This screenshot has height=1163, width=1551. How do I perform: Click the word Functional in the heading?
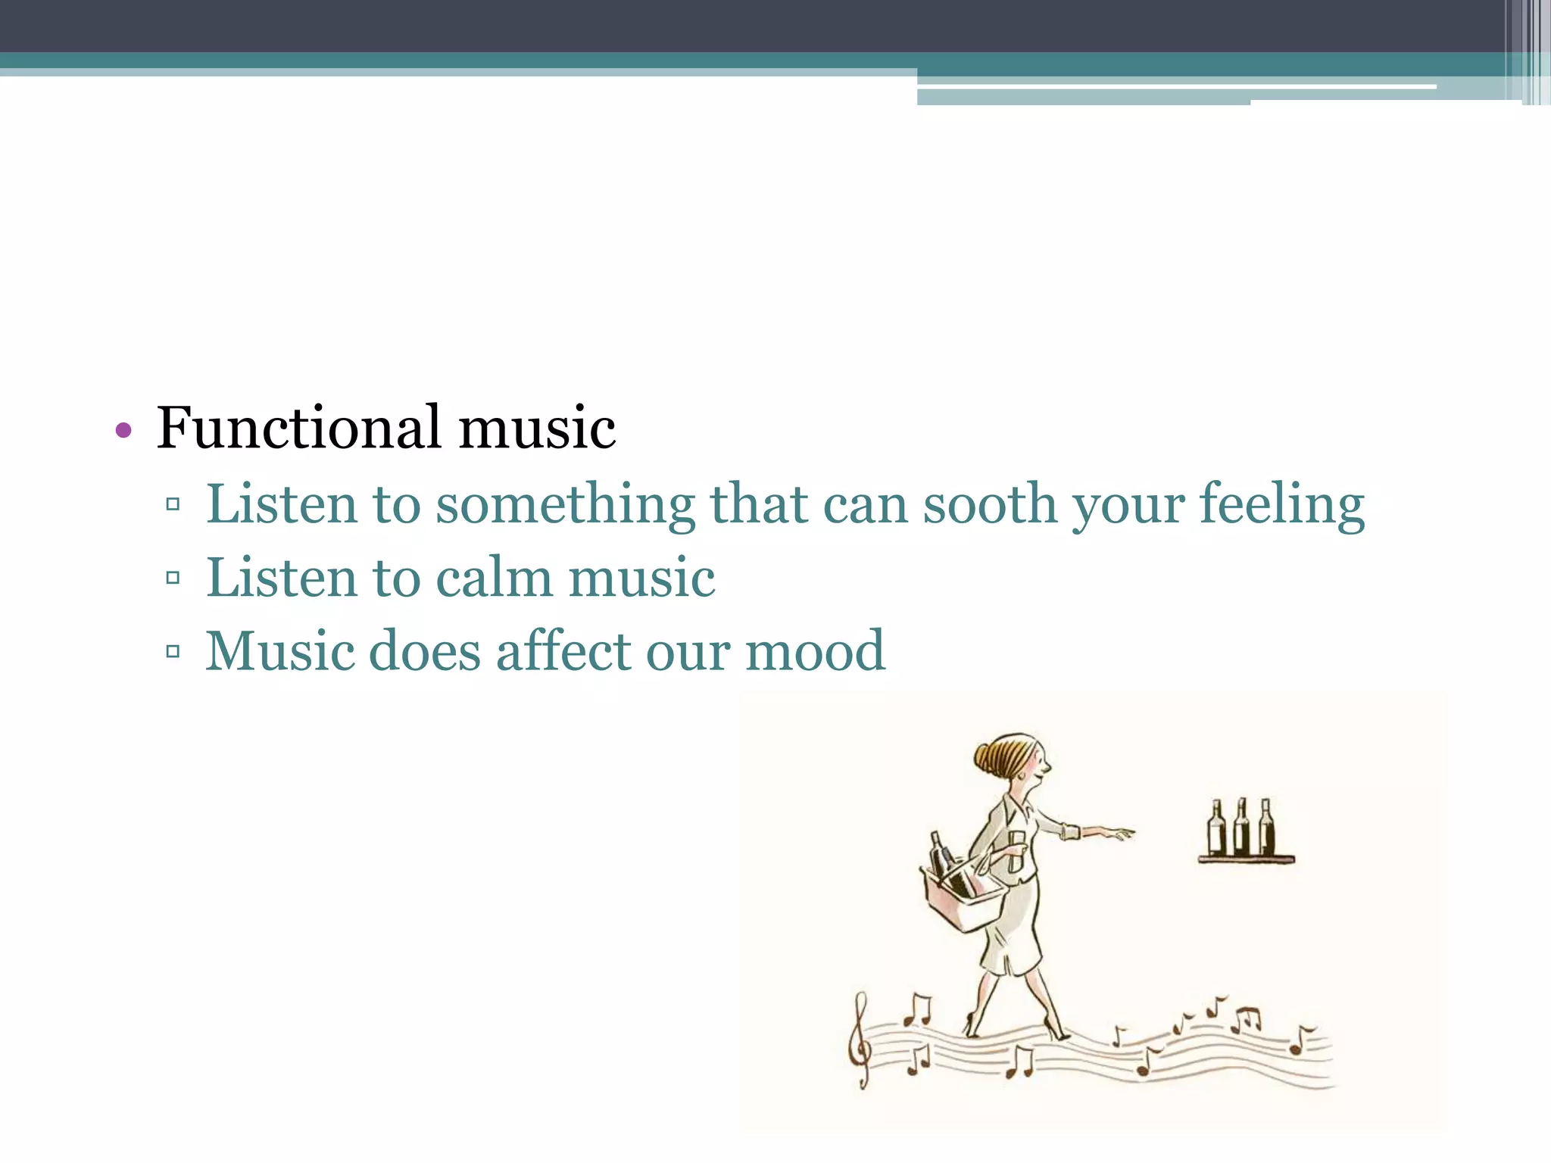pos(298,428)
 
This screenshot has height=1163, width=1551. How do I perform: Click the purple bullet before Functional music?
pos(123,431)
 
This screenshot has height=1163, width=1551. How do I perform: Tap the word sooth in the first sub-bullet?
pos(989,504)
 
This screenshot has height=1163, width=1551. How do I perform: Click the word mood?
pos(815,651)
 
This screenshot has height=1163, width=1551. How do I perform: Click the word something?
pos(565,506)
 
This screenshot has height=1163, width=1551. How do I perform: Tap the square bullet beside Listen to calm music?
pos(173,578)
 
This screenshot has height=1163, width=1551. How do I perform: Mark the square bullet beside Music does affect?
pos(173,651)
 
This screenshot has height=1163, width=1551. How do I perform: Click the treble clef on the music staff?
pos(860,1041)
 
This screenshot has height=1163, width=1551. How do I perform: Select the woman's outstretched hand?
pos(1113,833)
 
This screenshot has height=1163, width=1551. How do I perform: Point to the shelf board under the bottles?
pos(1246,859)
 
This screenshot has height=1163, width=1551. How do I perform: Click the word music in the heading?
pos(537,428)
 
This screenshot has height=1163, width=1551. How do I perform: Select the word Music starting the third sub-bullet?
pos(279,651)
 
